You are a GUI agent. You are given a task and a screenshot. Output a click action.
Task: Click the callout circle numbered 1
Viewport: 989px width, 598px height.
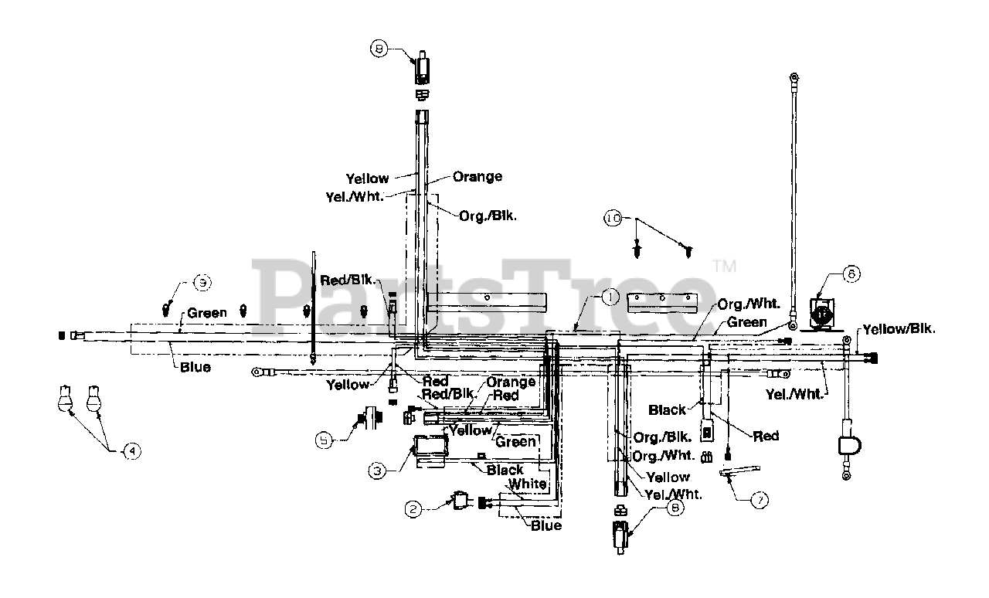pos(608,295)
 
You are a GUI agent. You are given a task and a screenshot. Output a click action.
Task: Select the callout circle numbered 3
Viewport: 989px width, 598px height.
pos(379,469)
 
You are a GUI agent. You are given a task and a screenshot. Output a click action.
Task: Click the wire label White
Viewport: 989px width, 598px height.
pos(527,484)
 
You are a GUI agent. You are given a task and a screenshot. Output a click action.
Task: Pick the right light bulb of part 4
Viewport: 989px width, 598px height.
pos(94,399)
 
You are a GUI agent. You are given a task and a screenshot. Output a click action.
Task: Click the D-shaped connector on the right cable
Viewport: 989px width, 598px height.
pos(849,447)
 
